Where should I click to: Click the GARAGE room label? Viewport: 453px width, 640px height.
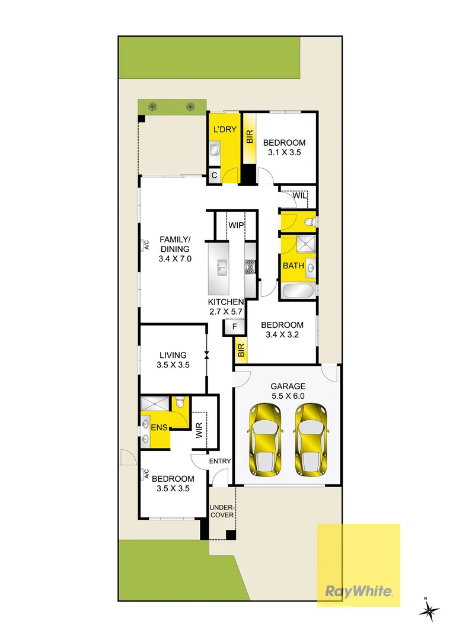(289, 385)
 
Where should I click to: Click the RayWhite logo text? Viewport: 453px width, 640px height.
(358, 591)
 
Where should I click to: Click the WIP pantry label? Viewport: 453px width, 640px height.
(237, 226)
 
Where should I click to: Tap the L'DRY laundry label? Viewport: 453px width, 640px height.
(225, 130)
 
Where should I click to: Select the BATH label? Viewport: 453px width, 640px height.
(293, 265)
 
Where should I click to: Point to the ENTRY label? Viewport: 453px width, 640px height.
(219, 462)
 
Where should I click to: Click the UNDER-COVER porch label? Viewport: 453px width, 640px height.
(223, 511)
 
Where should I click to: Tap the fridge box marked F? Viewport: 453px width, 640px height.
(235, 327)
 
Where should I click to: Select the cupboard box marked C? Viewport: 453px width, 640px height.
(214, 175)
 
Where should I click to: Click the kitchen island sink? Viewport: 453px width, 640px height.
(221, 267)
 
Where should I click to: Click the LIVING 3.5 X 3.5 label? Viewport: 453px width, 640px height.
(173, 360)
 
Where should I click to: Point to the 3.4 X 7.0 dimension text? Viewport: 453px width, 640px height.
(175, 258)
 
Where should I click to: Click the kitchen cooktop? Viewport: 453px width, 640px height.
(250, 267)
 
